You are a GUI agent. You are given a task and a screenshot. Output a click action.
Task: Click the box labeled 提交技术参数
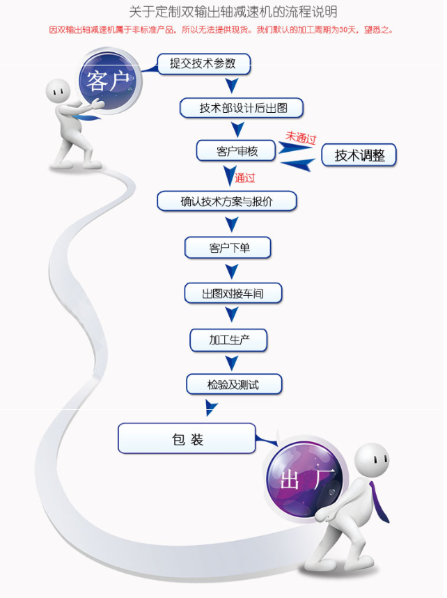click(x=203, y=65)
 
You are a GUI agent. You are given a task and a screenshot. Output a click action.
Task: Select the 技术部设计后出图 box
click(x=242, y=108)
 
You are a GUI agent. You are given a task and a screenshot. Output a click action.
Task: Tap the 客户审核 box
click(x=237, y=150)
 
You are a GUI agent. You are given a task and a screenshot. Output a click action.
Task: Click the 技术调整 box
click(x=359, y=155)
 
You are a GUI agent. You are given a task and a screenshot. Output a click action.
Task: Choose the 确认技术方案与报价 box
click(x=227, y=202)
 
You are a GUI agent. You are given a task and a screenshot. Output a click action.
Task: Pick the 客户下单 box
click(x=228, y=248)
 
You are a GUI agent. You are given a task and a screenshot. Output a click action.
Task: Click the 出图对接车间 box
click(x=233, y=294)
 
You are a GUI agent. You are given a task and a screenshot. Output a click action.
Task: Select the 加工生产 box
click(x=228, y=340)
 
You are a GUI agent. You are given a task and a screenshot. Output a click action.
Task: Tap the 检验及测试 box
click(x=234, y=384)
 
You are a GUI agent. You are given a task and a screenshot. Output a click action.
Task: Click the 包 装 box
click(x=187, y=439)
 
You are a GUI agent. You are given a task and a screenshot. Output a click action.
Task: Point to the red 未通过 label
click(x=301, y=137)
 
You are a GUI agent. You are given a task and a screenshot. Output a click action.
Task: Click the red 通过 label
click(x=245, y=178)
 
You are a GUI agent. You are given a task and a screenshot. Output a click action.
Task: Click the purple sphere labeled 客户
click(x=109, y=81)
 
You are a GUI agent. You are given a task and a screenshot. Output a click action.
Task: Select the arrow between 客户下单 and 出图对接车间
click(x=233, y=272)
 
